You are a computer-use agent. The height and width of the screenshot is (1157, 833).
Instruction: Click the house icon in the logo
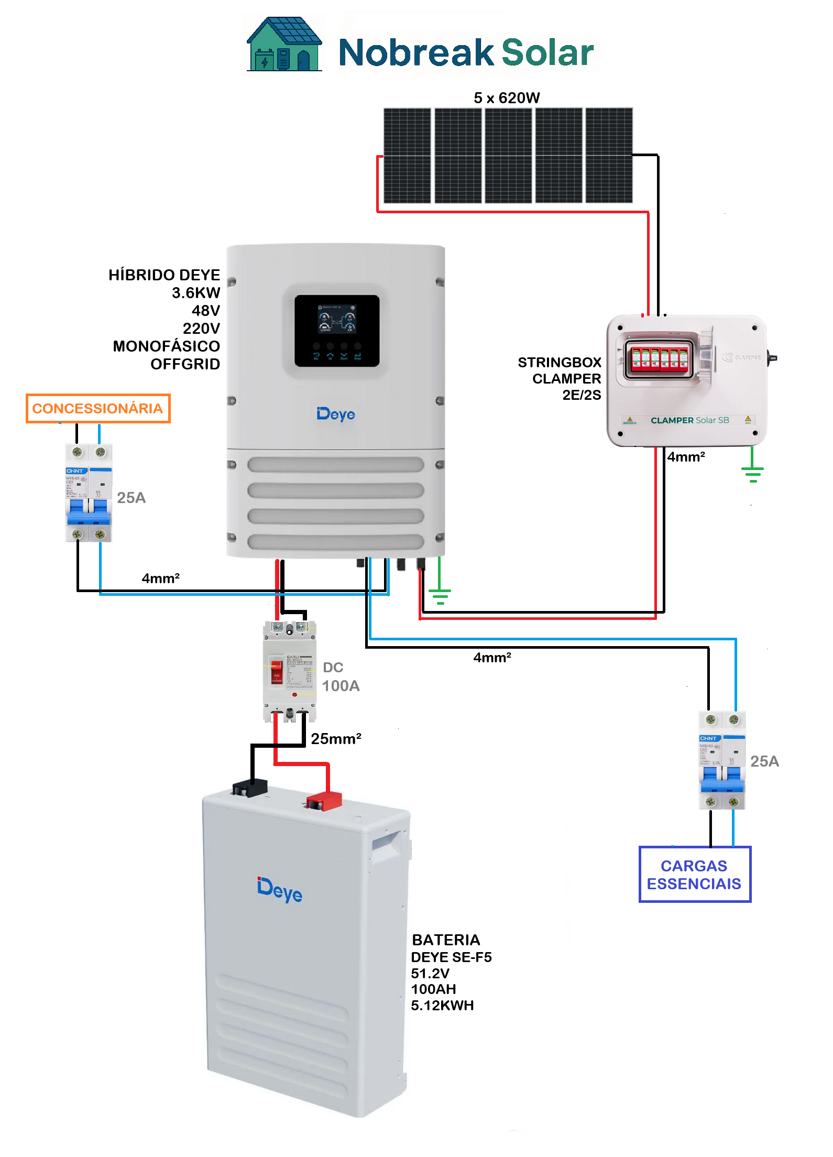[x=283, y=45]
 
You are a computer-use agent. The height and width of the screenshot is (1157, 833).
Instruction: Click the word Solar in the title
[x=547, y=52]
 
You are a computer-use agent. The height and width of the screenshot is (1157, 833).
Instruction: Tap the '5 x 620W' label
[x=506, y=98]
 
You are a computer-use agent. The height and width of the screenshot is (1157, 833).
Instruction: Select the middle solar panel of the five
[x=508, y=156]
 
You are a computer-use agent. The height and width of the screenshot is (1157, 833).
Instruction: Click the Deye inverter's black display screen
[x=337, y=330]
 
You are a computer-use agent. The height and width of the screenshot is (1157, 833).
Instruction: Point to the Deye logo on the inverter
[x=336, y=414]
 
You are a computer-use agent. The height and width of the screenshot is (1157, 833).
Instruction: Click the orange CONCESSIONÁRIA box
[x=98, y=408]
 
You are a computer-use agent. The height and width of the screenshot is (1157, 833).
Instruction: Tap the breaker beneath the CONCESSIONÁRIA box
[x=89, y=493]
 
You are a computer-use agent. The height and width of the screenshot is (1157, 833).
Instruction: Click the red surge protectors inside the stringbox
[x=659, y=358]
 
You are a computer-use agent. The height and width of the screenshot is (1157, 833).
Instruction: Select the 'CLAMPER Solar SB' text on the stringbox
[x=689, y=420]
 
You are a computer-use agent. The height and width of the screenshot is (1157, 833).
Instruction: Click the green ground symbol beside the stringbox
[x=752, y=473]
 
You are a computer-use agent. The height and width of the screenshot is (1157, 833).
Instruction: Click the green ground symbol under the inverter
[x=440, y=595]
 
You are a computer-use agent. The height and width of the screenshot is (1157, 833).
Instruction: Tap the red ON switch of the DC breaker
[x=276, y=672]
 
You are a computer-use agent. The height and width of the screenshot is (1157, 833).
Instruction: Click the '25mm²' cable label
[x=336, y=739]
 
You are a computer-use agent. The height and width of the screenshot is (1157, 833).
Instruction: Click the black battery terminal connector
[x=250, y=788]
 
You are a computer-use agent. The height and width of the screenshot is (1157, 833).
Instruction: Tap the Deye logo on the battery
[x=280, y=889]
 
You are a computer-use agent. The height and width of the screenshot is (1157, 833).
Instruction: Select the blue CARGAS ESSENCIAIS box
[x=695, y=875]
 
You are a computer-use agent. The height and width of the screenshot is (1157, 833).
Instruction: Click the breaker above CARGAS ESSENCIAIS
[x=722, y=760]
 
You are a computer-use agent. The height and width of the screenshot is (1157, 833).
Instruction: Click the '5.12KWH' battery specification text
[x=442, y=1006]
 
